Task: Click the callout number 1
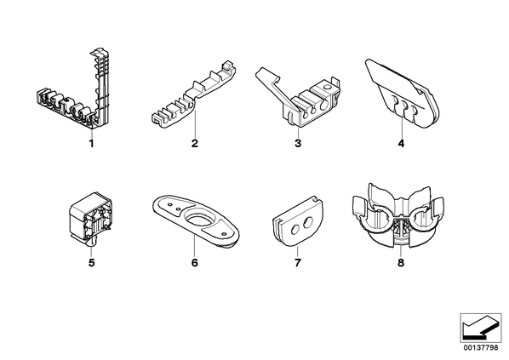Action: click(91, 143)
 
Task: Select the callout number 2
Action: click(194, 143)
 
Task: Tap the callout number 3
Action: click(298, 143)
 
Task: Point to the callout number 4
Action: click(401, 143)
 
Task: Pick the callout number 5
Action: click(92, 263)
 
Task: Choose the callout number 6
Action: click(194, 263)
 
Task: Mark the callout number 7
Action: click(298, 263)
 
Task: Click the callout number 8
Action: click(401, 263)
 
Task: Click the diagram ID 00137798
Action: click(480, 348)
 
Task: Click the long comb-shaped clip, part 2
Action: click(194, 94)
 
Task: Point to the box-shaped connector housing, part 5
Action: click(90, 218)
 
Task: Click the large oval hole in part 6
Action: click(198, 220)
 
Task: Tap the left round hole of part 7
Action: click(295, 230)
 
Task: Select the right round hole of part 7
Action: click(307, 223)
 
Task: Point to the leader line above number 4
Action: click(401, 128)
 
